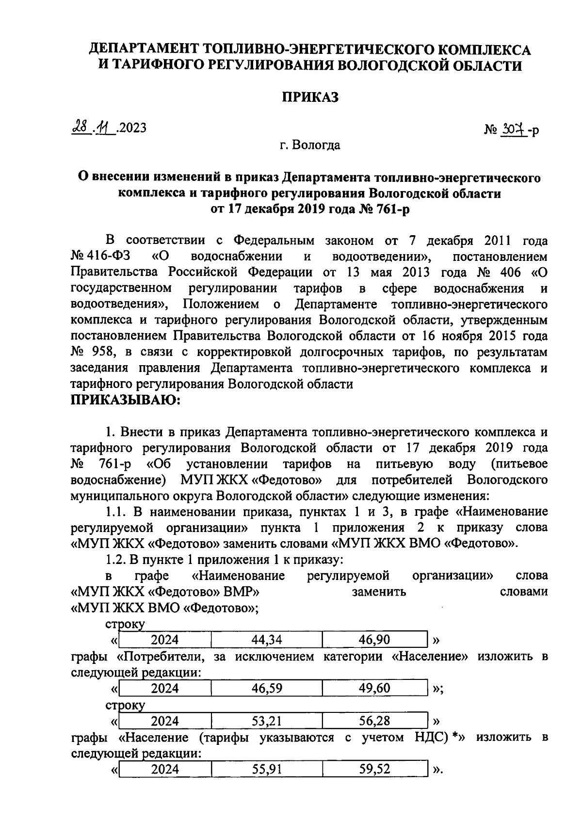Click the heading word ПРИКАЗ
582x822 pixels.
(x=310, y=97)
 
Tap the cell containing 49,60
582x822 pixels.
(x=374, y=689)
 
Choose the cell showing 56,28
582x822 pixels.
(x=374, y=721)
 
